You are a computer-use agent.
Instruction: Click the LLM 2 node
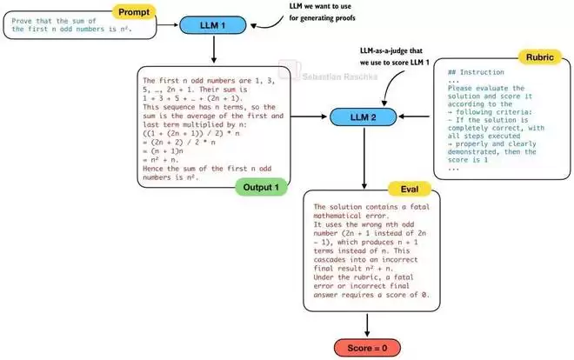[360, 116]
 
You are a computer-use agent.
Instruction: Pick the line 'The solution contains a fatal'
[366, 207]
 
